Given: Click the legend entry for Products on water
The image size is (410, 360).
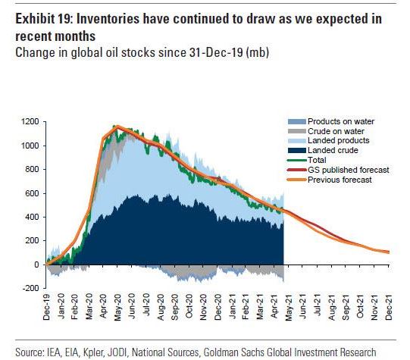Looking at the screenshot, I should (x=334, y=122).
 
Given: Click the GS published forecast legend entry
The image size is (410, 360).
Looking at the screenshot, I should (x=337, y=170).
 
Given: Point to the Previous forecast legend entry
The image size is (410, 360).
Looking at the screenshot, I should (x=333, y=179).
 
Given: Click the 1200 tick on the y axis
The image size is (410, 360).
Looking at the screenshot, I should (x=30, y=122).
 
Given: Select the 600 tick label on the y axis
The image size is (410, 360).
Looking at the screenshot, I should (x=32, y=193).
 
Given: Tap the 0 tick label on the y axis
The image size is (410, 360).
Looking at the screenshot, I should (x=36, y=265).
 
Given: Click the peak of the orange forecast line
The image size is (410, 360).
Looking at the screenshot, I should (x=115, y=127).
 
